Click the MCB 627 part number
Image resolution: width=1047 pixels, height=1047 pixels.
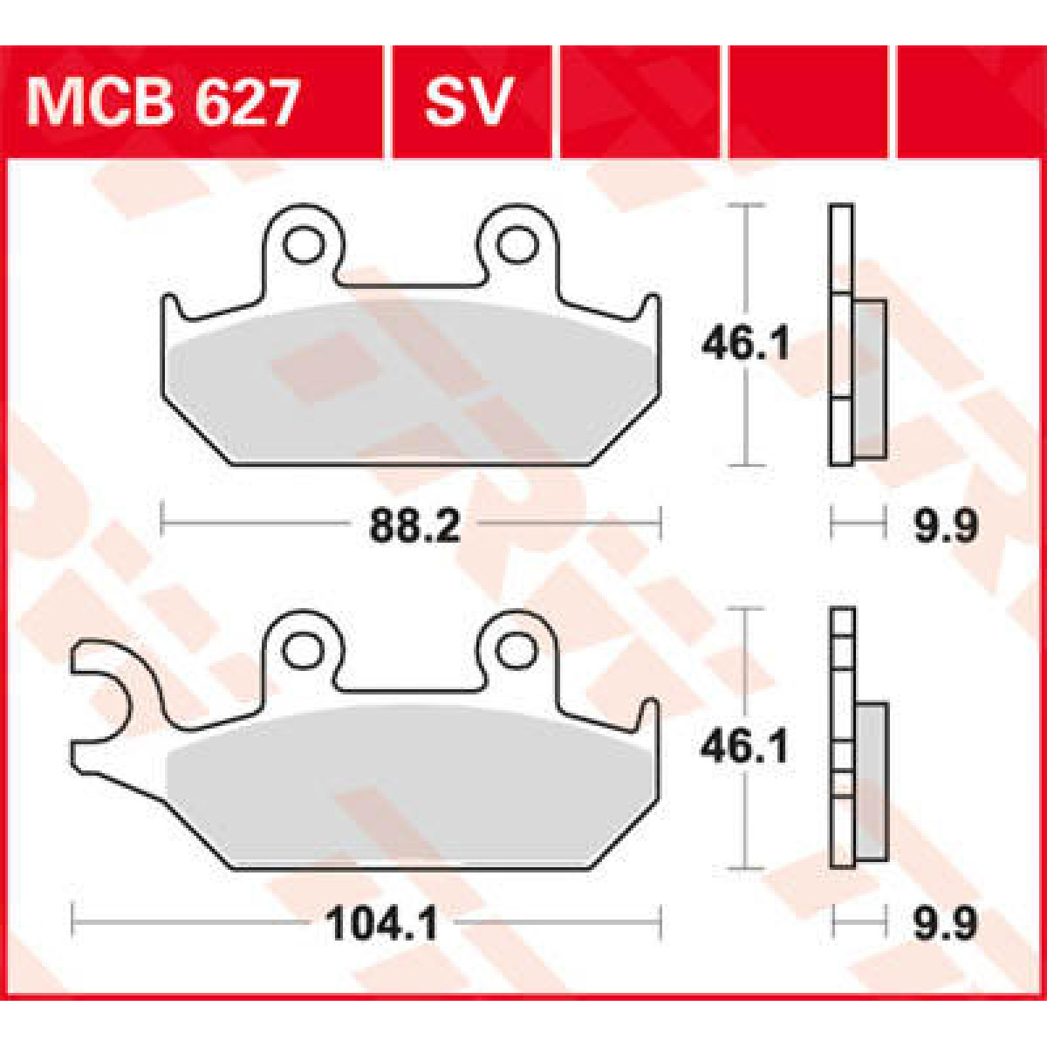(163, 103)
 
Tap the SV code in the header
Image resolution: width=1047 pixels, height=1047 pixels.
(467, 103)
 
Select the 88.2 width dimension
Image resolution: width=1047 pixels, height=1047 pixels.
(414, 526)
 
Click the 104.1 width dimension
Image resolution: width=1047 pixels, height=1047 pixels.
(381, 922)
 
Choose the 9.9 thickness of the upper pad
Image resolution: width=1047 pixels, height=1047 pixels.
(946, 526)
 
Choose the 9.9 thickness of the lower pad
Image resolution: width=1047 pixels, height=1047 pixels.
(946, 922)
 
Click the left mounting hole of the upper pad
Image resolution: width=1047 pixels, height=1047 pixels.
(303, 245)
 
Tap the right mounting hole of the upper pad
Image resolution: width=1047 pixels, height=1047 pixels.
(517, 245)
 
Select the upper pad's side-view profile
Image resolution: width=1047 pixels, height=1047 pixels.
(855, 336)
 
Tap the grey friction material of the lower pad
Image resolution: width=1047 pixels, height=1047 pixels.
(410, 785)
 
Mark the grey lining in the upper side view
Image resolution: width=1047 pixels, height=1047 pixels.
(870, 378)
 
